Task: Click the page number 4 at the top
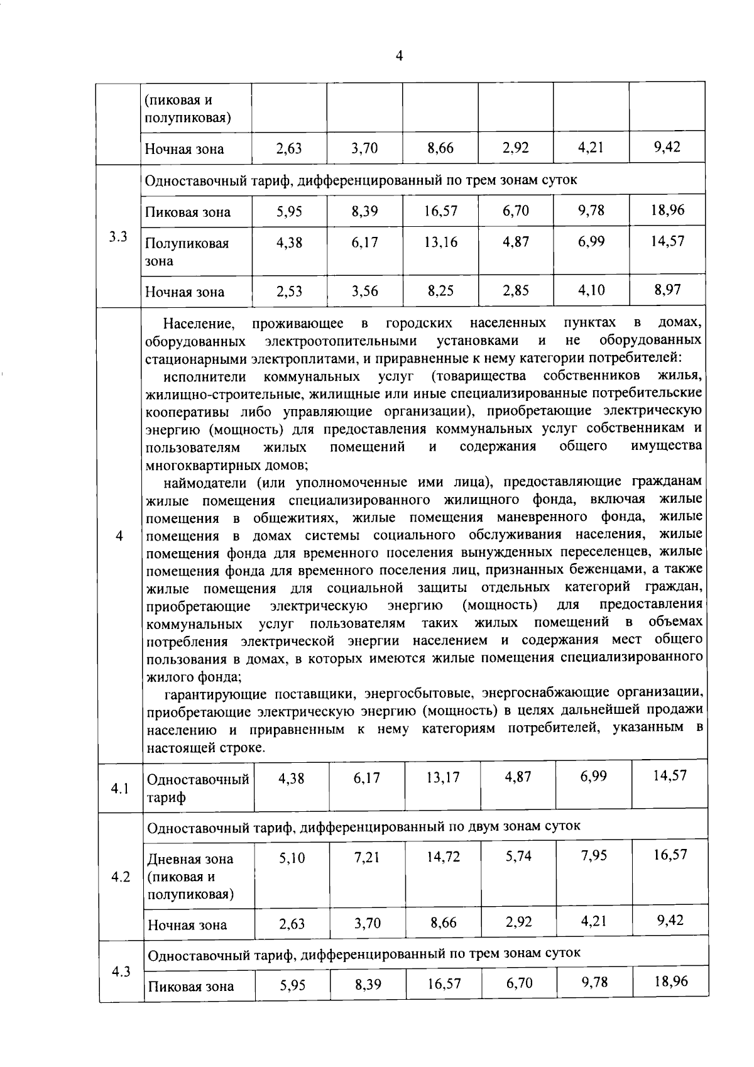399,56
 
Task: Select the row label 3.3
117,237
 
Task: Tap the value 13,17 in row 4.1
442,777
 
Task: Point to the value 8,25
440,291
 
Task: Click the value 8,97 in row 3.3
667,290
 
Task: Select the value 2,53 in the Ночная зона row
289,291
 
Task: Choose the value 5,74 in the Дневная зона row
518,856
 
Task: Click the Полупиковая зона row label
187,251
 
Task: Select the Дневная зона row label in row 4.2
190,876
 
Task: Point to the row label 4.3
121,971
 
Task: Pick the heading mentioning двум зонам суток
363,826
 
